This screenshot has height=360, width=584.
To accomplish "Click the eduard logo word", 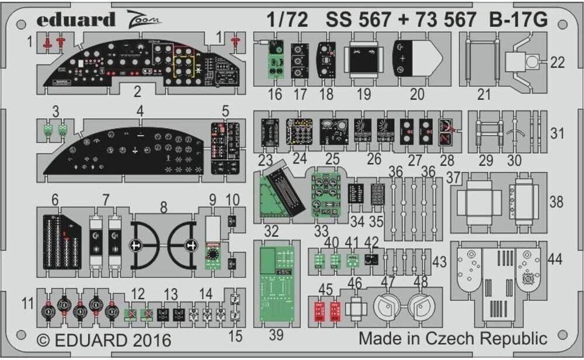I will [76, 20].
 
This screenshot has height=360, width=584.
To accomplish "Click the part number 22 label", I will [557, 63].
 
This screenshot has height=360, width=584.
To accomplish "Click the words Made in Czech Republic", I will [453, 338].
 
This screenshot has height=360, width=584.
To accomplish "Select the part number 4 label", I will [140, 110].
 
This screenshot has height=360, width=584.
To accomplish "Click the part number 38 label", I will [557, 202].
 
